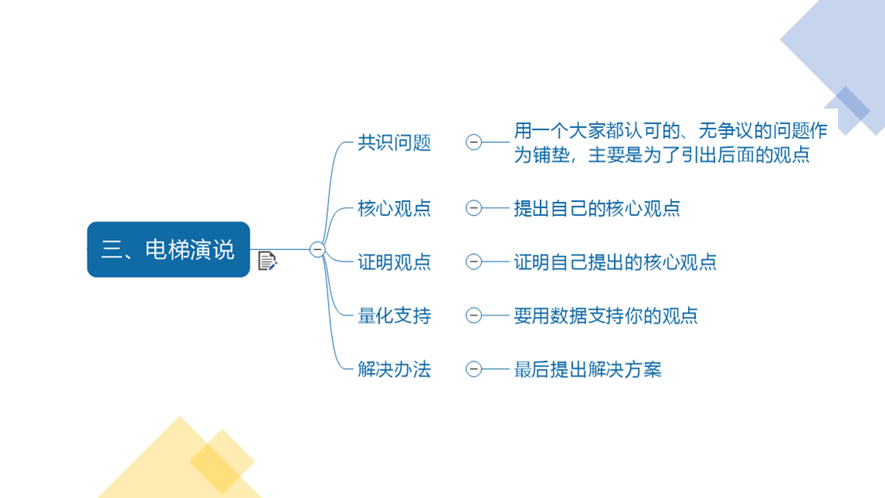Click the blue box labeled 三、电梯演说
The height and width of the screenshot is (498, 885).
[168, 250]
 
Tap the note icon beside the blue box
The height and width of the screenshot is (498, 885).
[267, 261]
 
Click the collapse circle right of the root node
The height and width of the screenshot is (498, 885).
[317, 250]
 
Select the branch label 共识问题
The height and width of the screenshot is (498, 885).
[394, 142]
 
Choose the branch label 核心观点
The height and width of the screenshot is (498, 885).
[394, 208]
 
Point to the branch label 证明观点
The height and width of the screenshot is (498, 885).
[394, 262]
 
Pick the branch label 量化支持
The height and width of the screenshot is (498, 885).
[394, 316]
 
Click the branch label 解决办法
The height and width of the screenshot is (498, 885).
[394, 369]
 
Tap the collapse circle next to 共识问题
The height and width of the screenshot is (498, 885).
[474, 142]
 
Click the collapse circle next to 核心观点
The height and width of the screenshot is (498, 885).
[474, 208]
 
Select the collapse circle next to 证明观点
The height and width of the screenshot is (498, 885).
[474, 261]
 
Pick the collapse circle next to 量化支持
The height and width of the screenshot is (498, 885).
[474, 315]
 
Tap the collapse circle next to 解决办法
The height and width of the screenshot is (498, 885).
[474, 369]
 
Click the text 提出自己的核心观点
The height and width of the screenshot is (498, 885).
[597, 208]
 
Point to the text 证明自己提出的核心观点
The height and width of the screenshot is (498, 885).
[615, 262]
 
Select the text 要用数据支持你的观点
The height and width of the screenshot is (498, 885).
[606, 316]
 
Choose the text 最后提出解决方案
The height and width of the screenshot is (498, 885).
[588, 369]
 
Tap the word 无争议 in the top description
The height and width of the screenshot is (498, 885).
[726, 131]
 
